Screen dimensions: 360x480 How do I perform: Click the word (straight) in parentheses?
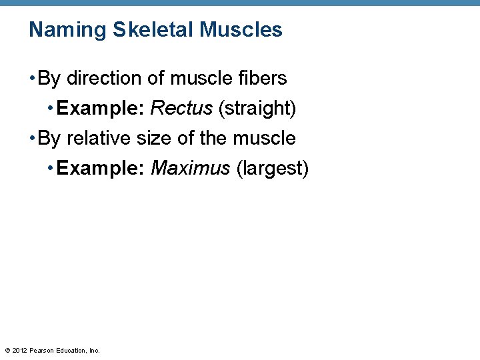coord(257,109)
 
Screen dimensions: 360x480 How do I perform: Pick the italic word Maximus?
coord(191,169)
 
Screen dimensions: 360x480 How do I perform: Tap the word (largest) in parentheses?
coord(273,169)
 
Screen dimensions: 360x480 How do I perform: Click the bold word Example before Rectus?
coord(101,109)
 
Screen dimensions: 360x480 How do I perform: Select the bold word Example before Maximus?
coord(101,169)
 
